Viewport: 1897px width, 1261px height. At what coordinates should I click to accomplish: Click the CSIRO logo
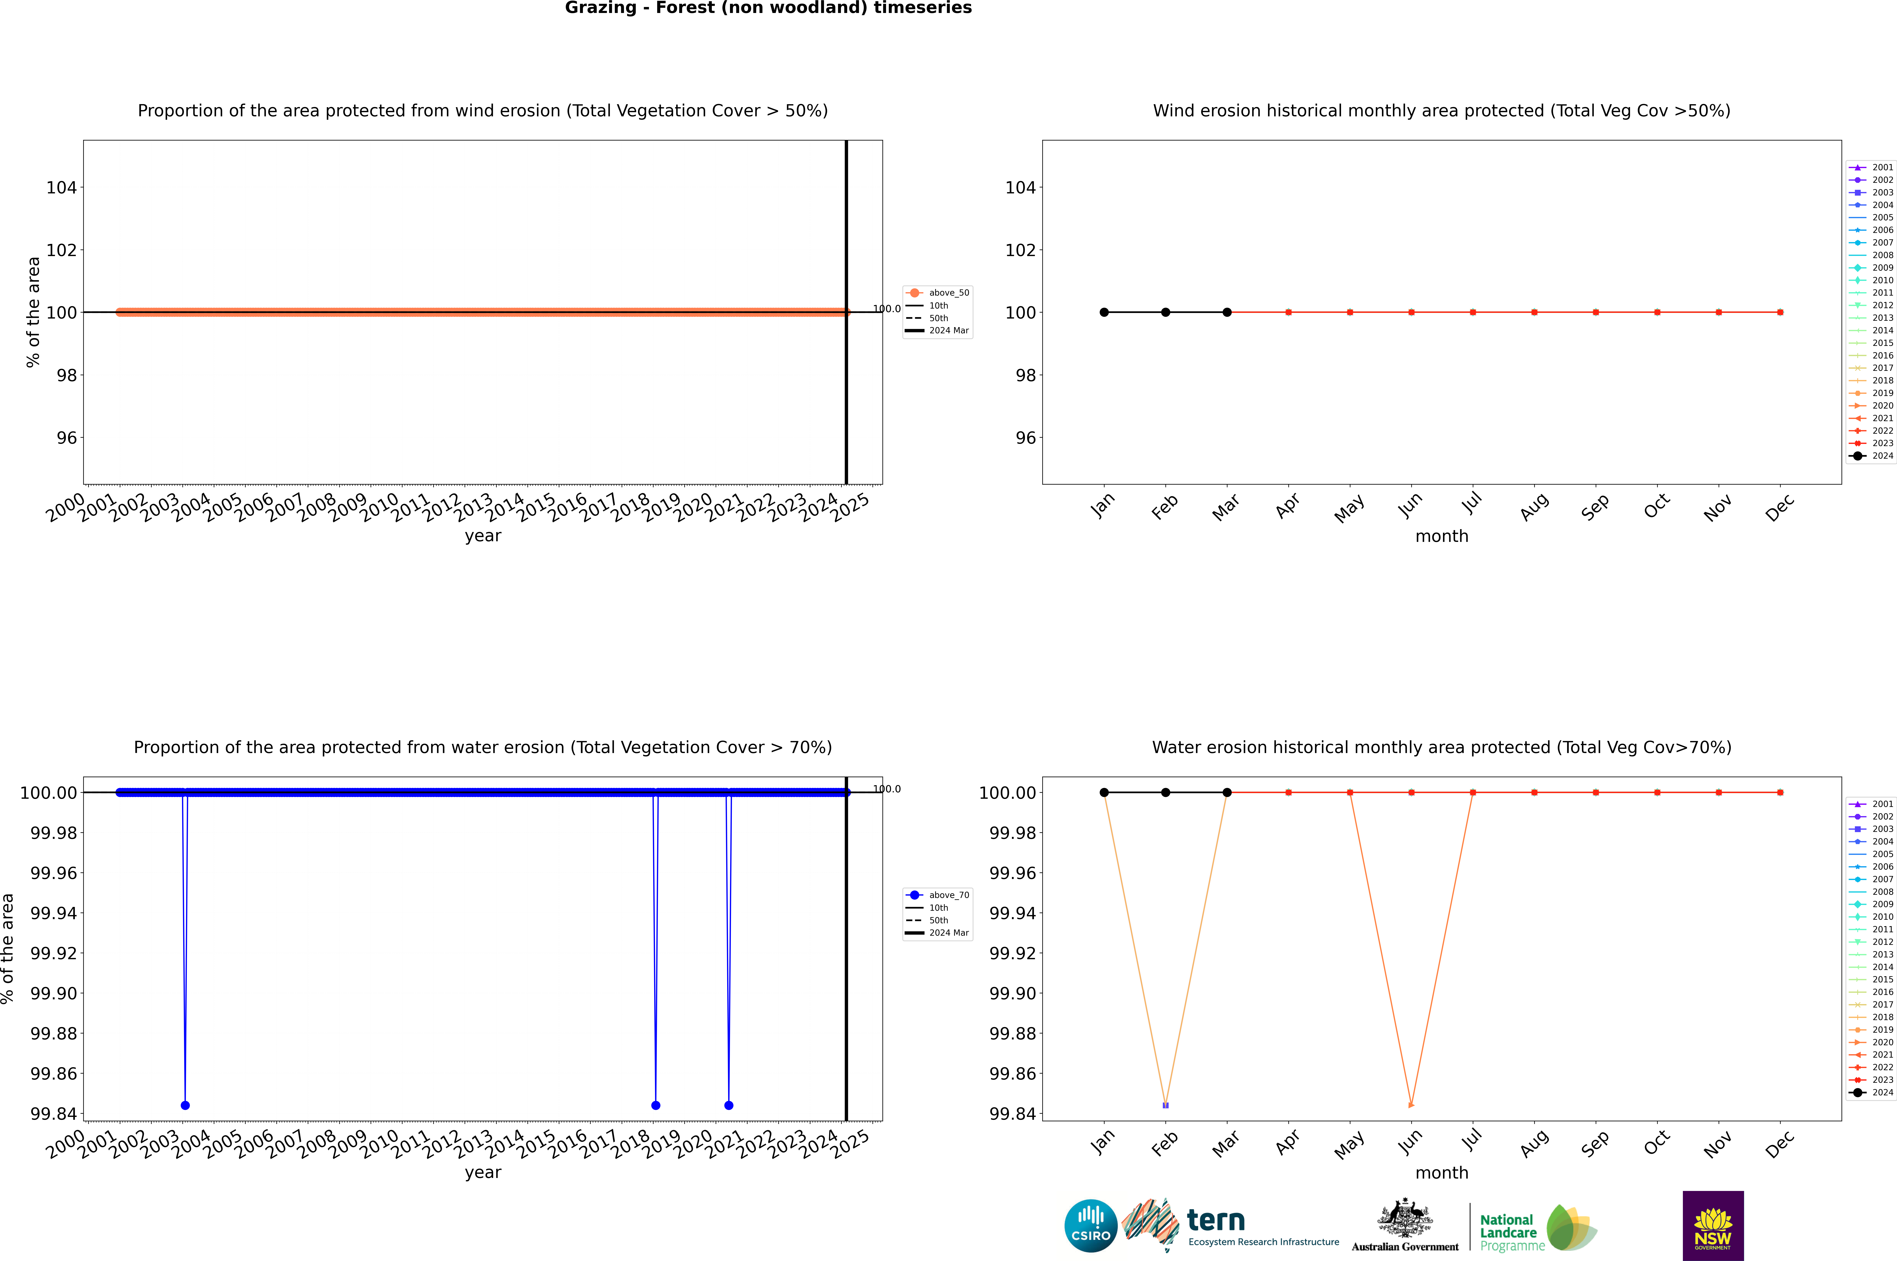[1090, 1226]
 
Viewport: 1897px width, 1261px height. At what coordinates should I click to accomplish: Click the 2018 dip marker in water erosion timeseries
[655, 1105]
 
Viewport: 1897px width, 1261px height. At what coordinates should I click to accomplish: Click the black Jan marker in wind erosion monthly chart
[1104, 312]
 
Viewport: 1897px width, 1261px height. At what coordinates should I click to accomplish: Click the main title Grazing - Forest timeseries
[768, 8]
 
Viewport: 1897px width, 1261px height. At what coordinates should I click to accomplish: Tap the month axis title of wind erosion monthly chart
[1441, 536]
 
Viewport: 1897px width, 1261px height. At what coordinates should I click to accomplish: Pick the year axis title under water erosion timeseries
[483, 1173]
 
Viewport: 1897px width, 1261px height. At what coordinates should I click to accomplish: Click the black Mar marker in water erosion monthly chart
[1227, 792]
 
